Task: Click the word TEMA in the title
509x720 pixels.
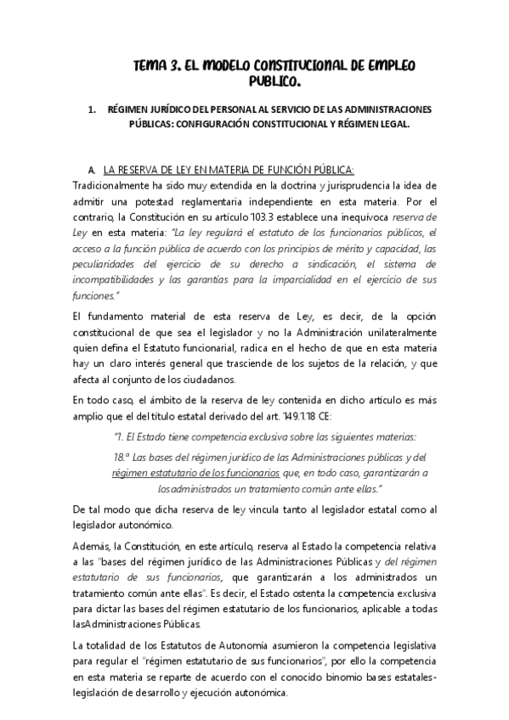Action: tap(155, 66)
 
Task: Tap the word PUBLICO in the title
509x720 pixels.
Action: tap(274, 83)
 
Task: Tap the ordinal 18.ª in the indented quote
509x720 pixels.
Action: tap(125, 457)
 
